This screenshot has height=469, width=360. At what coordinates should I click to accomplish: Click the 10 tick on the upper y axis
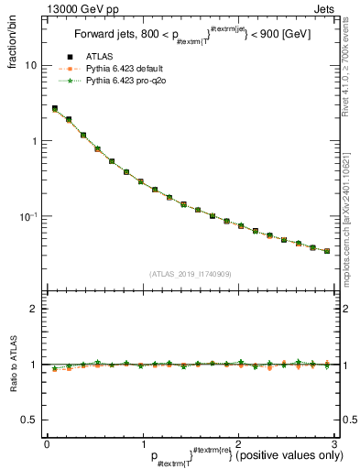[32, 66]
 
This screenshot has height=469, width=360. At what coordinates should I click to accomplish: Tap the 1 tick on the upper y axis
[35, 141]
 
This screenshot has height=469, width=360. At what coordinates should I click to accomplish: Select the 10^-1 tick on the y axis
[30, 216]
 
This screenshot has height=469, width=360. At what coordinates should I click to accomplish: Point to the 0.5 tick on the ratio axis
[31, 420]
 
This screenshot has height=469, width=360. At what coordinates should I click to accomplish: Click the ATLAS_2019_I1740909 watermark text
[190, 274]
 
